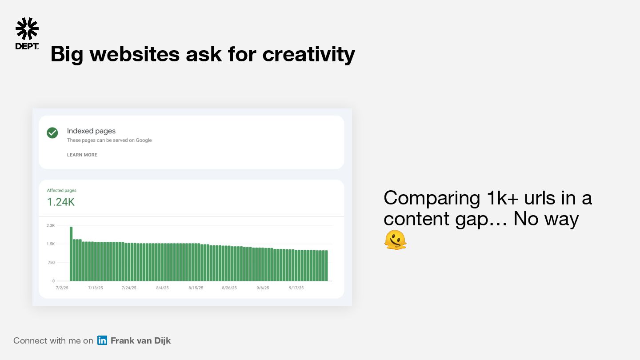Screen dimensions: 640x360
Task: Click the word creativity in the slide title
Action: click(308, 54)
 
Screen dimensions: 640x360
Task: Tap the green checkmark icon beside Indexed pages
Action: click(52, 132)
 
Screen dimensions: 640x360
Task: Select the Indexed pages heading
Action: click(91, 131)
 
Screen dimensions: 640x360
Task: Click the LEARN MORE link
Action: click(82, 155)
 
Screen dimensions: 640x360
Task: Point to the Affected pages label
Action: click(61, 190)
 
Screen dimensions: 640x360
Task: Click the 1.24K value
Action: click(60, 202)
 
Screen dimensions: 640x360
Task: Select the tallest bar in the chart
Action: click(71, 254)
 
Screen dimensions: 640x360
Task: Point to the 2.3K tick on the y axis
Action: click(51, 225)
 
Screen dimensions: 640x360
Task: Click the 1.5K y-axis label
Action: click(51, 244)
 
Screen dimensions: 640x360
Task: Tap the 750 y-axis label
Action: click(51, 262)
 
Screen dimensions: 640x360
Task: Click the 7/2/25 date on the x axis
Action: click(62, 288)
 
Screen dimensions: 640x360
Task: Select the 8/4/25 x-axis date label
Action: click(162, 288)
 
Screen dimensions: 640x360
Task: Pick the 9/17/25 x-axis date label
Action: click(296, 288)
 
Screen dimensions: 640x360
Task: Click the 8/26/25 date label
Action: click(229, 288)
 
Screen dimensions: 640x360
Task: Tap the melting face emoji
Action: click(396, 240)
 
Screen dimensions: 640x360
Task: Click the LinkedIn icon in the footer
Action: click(102, 340)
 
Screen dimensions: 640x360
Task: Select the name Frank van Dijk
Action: click(140, 340)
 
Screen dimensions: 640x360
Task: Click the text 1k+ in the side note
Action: click(502, 198)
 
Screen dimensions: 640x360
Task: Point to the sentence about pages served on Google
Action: click(109, 140)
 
